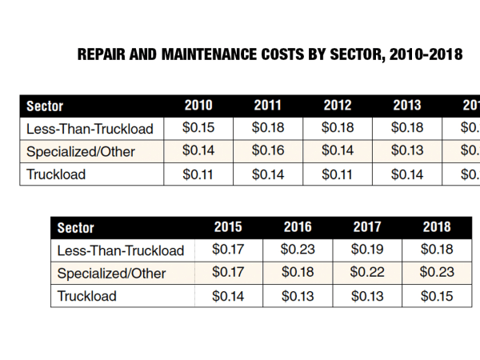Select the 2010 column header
pos(198,106)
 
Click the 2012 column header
pos(338,106)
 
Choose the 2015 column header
pos(227,227)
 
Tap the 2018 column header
pos(436,227)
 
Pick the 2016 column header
pos(298,227)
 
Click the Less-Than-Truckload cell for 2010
pos(198,128)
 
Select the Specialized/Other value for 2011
pos(267,150)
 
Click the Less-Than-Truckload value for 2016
pos(298,250)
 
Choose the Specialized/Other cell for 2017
pos(367,273)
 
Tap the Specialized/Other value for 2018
pos(436,273)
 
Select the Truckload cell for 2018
pos(436,296)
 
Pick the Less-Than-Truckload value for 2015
pos(227,250)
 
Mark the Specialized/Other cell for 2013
pos(407,150)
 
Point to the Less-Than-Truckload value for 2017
pos(367,250)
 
